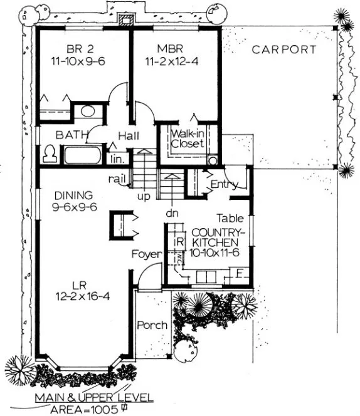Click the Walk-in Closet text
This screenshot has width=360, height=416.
(188, 138)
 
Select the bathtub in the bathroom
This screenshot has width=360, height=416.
(82, 154)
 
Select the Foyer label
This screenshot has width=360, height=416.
(147, 254)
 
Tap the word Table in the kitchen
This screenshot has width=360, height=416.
(230, 219)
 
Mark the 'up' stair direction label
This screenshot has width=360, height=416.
(144, 196)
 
